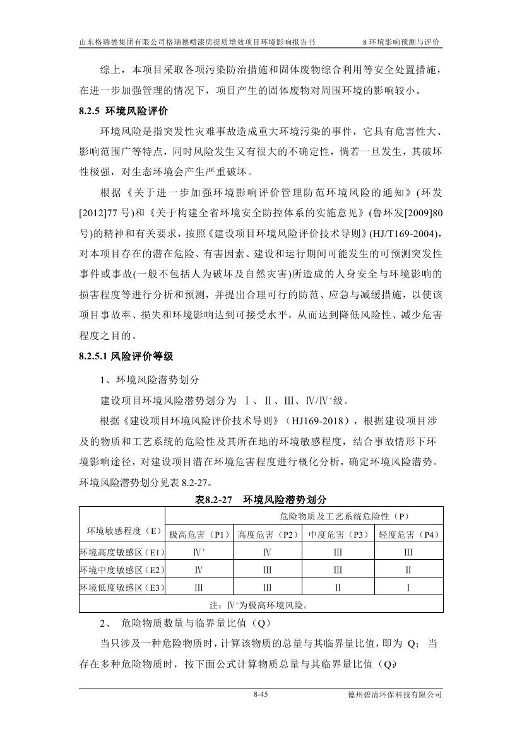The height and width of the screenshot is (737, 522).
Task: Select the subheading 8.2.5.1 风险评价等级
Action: pos(126,357)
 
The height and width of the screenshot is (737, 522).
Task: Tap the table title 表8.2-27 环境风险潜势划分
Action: pos(261,499)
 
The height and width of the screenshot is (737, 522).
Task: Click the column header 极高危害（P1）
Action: pos(199,535)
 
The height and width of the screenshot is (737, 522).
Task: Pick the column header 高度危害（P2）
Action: pos(267,535)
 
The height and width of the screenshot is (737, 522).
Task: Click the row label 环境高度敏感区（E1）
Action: pos(122,552)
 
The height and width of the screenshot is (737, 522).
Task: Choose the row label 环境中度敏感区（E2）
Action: pos(122,570)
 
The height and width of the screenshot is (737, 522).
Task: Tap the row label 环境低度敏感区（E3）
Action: pos(122,588)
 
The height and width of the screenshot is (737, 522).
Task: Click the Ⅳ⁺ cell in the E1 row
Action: pos(199,552)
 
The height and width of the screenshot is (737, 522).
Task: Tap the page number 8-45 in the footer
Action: pos(261,695)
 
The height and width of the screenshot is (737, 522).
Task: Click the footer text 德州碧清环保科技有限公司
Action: pos(394,695)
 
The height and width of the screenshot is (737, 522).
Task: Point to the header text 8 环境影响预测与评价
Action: pos(401,42)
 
